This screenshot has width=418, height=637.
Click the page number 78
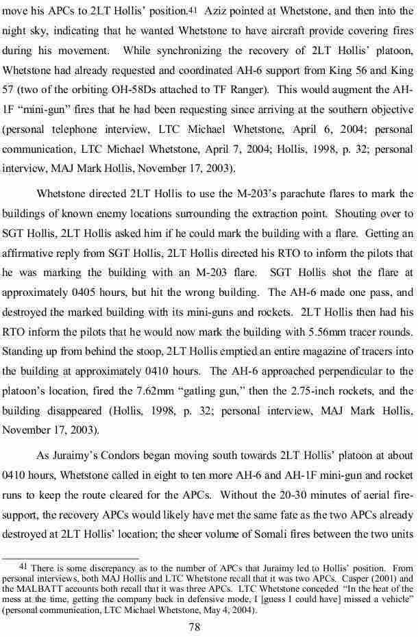coord(208,625)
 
